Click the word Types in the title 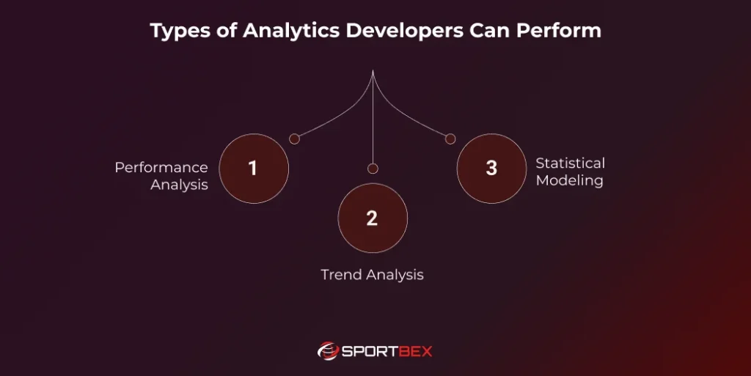coord(177,31)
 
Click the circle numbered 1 coord(254,169)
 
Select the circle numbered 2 coord(373,218)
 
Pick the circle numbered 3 coord(491,169)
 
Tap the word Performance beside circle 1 coord(161,168)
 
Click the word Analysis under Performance coord(179,185)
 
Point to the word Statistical coord(570,163)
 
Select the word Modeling coord(569,180)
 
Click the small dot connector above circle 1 coord(294,139)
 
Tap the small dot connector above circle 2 coord(373,169)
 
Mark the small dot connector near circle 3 coord(450,139)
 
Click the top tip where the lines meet coord(373,71)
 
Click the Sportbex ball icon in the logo coord(328,351)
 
